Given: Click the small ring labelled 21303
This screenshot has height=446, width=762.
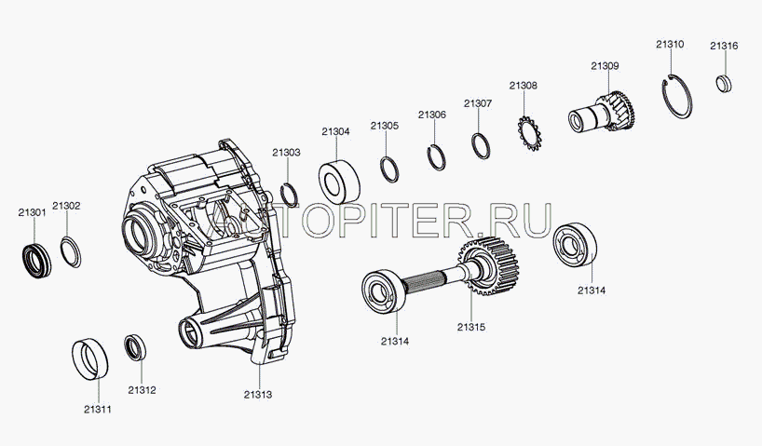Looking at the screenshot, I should tap(290, 194).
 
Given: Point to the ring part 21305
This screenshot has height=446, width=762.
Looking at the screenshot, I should tap(389, 169).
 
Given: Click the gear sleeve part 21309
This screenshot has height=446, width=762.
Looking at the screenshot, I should tap(604, 115).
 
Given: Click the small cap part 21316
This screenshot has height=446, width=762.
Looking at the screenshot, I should tap(723, 83).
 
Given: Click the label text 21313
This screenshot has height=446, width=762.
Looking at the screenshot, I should tap(258, 395).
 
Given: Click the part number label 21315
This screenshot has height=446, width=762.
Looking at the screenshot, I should tap(471, 327).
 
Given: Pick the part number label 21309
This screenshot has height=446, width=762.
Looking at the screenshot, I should tap(605, 65).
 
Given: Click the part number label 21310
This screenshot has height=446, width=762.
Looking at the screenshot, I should tap(670, 44).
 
